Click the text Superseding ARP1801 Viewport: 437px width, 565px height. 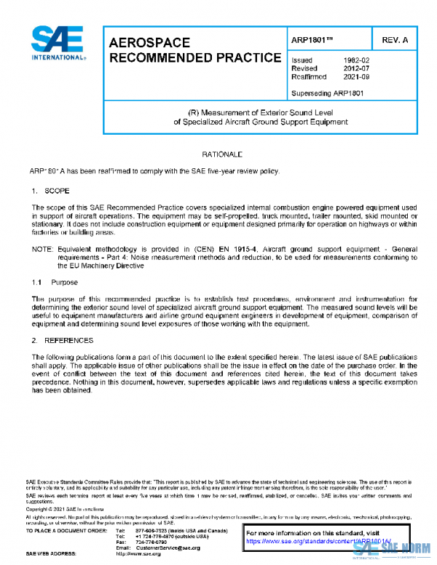[327, 92]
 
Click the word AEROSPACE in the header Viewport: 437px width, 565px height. [149, 44]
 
